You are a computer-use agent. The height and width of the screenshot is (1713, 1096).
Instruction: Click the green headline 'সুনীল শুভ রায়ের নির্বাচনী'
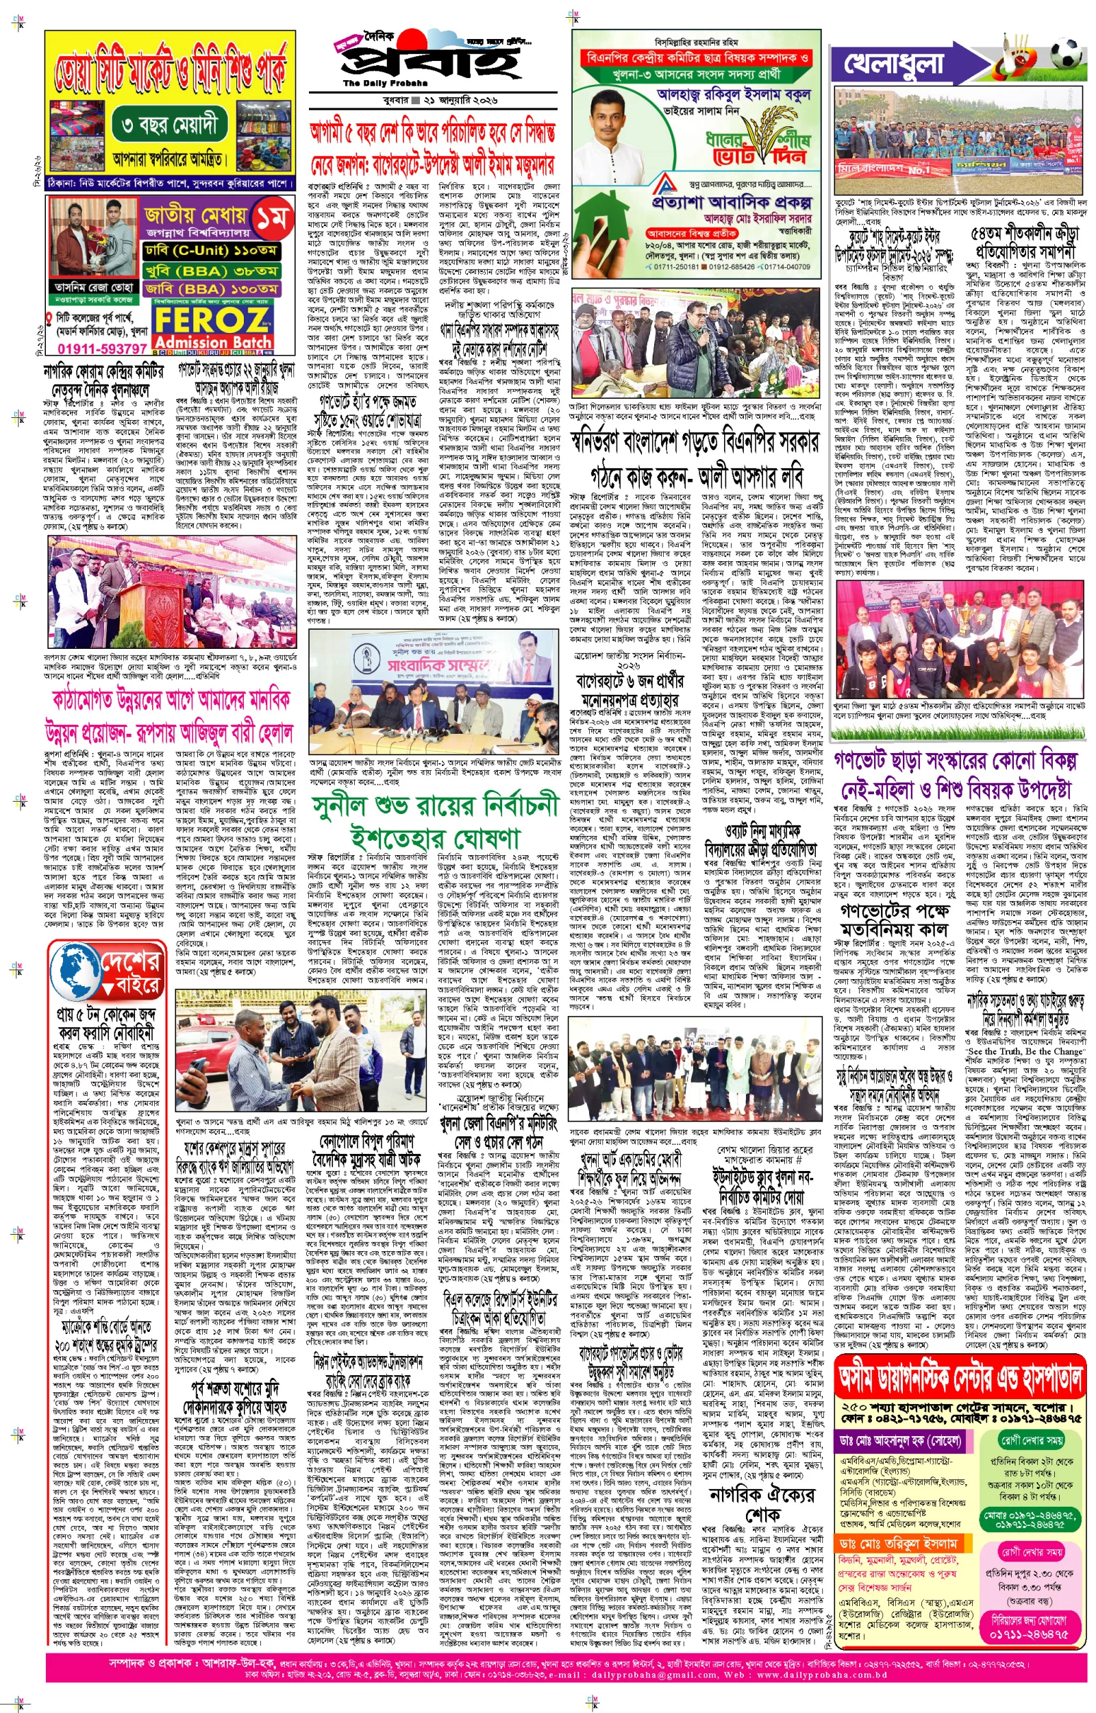(436, 808)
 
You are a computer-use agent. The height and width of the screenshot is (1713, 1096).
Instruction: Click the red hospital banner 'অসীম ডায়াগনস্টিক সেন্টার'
(961, 1379)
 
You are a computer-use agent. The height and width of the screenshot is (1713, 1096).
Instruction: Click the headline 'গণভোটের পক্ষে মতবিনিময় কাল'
(895, 919)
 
